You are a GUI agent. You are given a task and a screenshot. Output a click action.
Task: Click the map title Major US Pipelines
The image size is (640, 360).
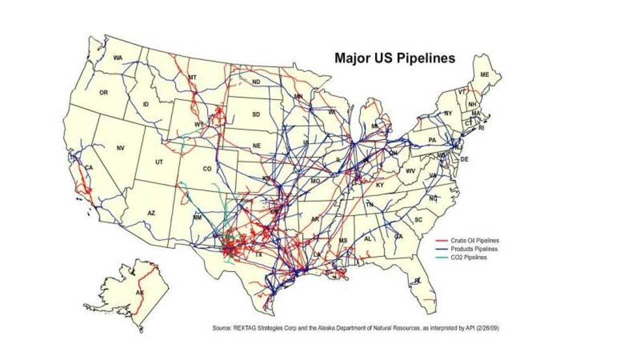pos(394,58)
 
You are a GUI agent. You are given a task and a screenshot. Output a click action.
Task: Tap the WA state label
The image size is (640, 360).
pos(117,58)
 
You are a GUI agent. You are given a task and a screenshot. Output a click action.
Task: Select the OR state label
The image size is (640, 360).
pos(103,92)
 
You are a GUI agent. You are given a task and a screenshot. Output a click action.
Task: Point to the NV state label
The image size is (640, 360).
pos(120,148)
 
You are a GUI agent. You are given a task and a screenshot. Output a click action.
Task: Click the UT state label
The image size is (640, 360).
pos(159,162)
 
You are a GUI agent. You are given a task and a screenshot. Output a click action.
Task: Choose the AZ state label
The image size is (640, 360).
pos(151,213)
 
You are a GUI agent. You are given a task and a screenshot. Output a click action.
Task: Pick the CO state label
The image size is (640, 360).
pos(207,169)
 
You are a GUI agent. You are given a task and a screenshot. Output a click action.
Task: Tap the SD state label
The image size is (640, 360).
pos(256,114)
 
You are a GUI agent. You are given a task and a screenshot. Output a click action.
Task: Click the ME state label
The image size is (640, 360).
pos(484,74)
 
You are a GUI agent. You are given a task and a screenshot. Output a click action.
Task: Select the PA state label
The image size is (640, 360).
pos(432,140)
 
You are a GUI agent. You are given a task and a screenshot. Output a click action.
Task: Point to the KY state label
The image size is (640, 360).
pos(379,185)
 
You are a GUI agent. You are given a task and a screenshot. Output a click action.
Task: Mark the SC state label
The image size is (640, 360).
pos(419,220)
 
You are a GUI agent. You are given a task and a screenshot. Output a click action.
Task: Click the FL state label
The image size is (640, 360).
pos(418,281)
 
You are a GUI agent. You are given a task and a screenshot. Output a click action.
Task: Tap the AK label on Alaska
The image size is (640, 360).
pos(140,292)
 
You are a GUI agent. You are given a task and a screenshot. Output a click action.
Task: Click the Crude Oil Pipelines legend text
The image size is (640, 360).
pos(474,240)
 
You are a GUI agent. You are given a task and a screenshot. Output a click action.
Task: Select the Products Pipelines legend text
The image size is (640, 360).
pos(474,249)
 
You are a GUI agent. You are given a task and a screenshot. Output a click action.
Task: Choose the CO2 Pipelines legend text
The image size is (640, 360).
pos(468,257)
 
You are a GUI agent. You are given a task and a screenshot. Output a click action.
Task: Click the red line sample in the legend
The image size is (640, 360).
pos(441,240)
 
